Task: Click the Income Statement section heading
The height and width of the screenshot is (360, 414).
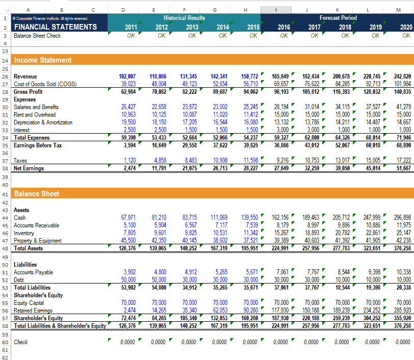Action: tap(43, 60)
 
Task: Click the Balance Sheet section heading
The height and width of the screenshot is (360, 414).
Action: tap(37, 194)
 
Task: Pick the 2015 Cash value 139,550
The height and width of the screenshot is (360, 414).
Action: tap(250, 217)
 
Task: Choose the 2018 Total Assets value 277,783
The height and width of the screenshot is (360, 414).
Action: tap(342, 248)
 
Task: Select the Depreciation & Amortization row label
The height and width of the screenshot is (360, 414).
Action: tap(43, 122)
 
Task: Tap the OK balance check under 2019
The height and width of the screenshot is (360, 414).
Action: tap(376, 36)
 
